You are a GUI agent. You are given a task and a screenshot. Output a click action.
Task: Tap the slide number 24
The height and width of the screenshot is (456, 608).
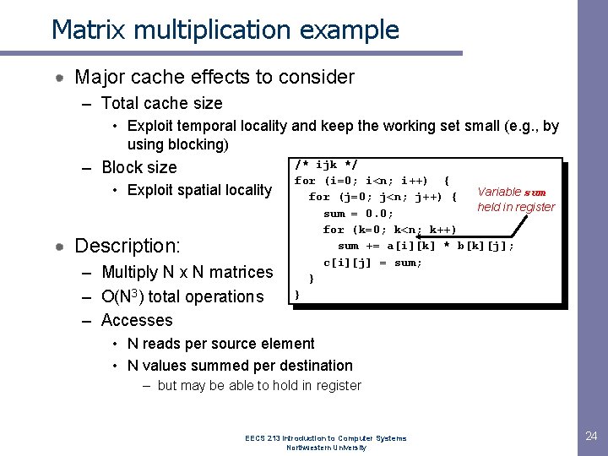pyautogui.click(x=591, y=436)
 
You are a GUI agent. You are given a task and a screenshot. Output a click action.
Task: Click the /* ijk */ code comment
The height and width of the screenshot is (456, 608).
pyautogui.click(x=326, y=164)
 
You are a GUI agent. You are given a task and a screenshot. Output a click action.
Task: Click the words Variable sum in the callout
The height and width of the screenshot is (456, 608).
pyautogui.click(x=512, y=192)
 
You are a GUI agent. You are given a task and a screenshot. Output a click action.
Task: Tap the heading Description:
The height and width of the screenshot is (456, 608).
pyautogui.click(x=128, y=246)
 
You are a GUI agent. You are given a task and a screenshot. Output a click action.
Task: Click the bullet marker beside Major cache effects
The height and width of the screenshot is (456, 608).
pyautogui.click(x=61, y=78)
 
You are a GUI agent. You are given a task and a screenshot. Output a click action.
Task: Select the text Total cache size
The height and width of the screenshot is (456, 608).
pyautogui.click(x=161, y=103)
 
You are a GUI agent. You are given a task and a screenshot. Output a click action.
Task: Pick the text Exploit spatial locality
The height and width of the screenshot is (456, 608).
pyautogui.click(x=199, y=190)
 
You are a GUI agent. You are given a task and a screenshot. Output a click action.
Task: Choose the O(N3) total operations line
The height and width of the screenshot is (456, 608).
pyautogui.click(x=182, y=296)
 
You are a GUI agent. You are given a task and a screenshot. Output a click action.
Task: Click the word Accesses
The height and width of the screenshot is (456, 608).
pyautogui.click(x=137, y=320)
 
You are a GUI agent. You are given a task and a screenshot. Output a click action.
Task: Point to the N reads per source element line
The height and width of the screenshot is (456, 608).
pyautogui.click(x=220, y=344)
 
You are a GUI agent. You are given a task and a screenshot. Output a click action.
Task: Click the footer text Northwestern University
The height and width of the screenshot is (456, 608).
pyautogui.click(x=326, y=448)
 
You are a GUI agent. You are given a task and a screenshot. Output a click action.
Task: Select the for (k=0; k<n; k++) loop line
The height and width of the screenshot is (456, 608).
pyautogui.click(x=389, y=230)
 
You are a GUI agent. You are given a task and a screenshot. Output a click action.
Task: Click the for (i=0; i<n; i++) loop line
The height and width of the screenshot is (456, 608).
pyautogui.click(x=372, y=180)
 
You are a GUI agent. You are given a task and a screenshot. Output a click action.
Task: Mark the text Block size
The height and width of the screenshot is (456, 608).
pyautogui.click(x=139, y=167)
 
